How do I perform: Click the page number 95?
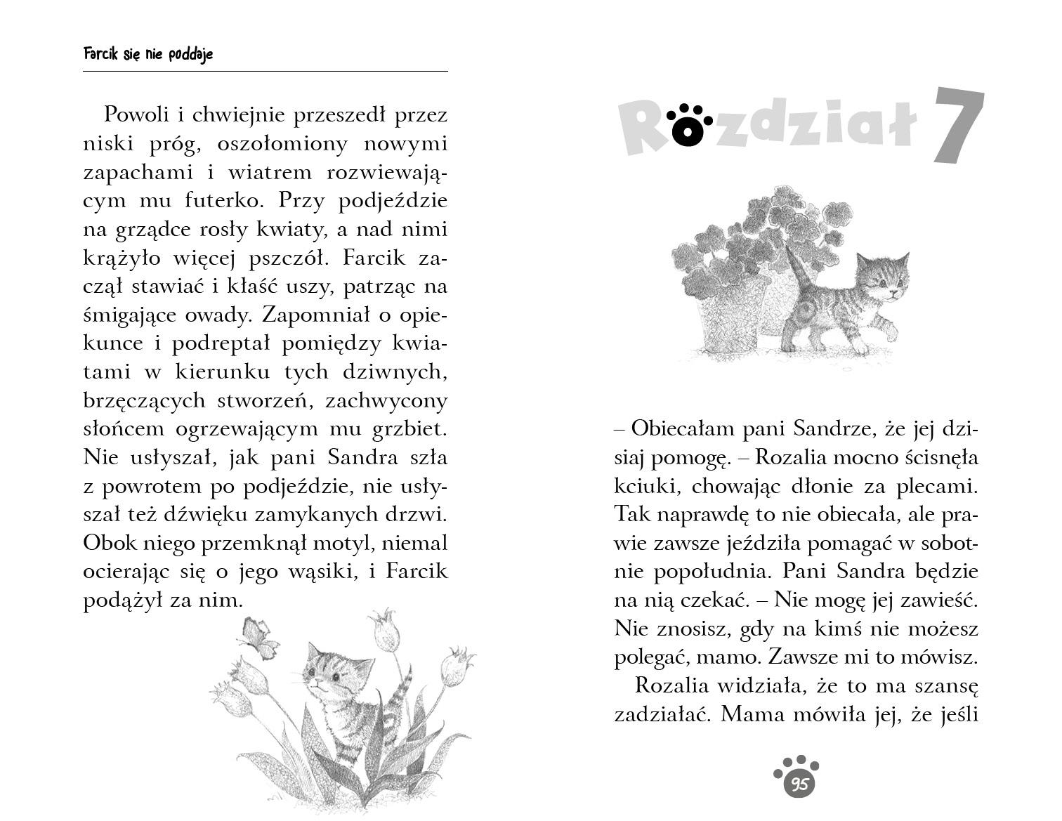coord(798,784)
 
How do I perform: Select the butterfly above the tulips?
coord(256,638)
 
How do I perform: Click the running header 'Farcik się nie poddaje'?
coord(147,54)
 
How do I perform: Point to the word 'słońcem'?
coord(122,428)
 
